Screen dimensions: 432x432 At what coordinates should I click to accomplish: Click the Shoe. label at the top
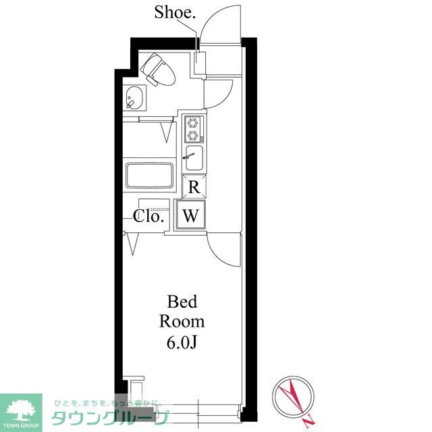[x=175, y=12]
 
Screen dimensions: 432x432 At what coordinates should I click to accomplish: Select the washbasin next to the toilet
[x=134, y=98]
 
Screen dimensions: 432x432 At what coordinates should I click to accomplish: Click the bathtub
[x=150, y=175]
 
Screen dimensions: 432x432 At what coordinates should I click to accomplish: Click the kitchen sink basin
[x=194, y=158]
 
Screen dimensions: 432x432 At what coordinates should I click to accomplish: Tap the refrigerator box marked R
[x=194, y=186]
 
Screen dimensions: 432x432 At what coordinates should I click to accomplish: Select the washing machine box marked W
[x=191, y=215]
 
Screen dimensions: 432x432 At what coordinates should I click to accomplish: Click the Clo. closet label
[x=148, y=216]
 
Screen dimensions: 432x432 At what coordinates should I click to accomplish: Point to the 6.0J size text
[x=182, y=342]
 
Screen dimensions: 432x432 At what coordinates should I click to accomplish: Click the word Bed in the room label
[x=182, y=302]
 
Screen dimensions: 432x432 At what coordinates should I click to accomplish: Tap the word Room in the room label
[x=182, y=321]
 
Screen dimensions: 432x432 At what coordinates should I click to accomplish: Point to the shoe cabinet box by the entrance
[x=200, y=63]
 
